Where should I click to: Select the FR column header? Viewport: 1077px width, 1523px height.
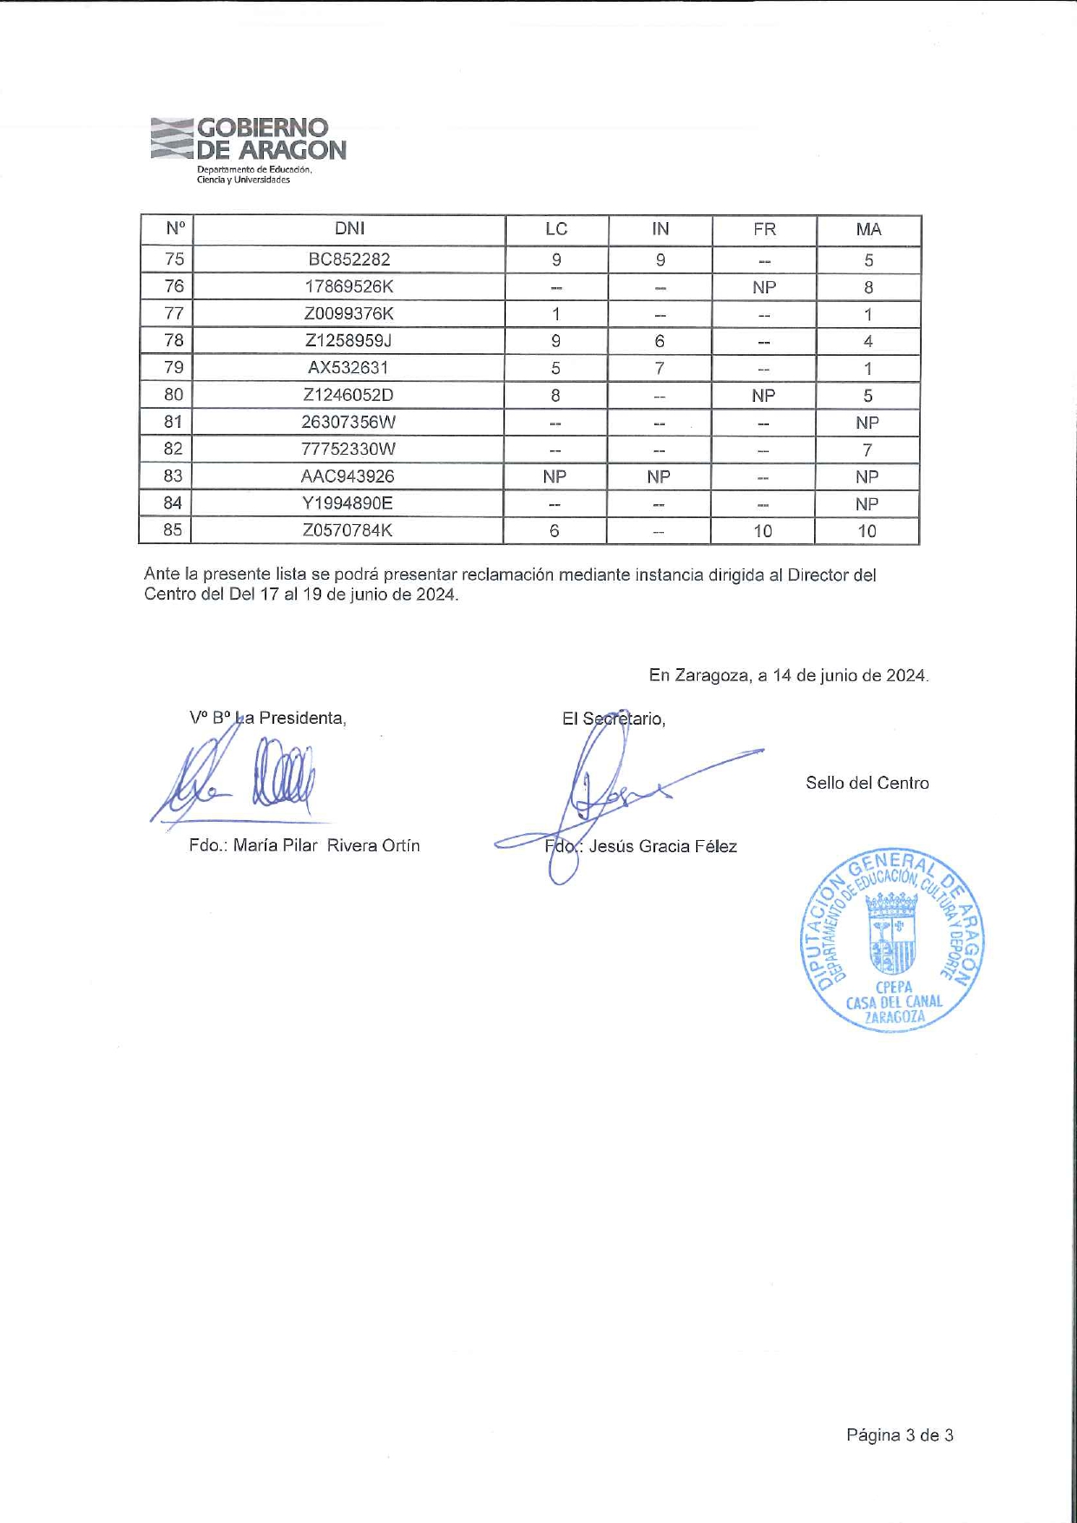click(x=764, y=229)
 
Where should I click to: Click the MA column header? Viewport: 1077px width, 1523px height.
click(x=868, y=229)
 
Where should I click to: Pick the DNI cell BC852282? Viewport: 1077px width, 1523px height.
click(x=349, y=259)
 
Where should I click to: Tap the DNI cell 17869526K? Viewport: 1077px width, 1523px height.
click(x=349, y=286)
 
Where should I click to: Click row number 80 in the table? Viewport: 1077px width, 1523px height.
click(x=174, y=395)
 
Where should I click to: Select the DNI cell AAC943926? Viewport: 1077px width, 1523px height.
click(x=347, y=476)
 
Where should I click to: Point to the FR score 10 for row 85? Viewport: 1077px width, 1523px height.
click(x=762, y=531)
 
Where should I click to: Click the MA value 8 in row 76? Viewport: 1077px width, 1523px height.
click(x=868, y=287)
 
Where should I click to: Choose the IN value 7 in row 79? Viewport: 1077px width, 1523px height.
click(x=660, y=368)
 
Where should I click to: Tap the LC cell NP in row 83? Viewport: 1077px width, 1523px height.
click(x=554, y=476)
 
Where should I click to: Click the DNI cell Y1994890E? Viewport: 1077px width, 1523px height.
click(x=347, y=503)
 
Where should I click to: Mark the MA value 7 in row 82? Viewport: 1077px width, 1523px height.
click(x=867, y=450)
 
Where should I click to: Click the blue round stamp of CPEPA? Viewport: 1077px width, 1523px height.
click(x=891, y=941)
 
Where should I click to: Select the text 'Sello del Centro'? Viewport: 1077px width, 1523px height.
click(x=866, y=783)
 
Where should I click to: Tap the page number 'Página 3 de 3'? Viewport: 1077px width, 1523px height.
click(x=899, y=1435)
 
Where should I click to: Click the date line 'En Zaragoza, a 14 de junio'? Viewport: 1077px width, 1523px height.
click(x=788, y=675)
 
